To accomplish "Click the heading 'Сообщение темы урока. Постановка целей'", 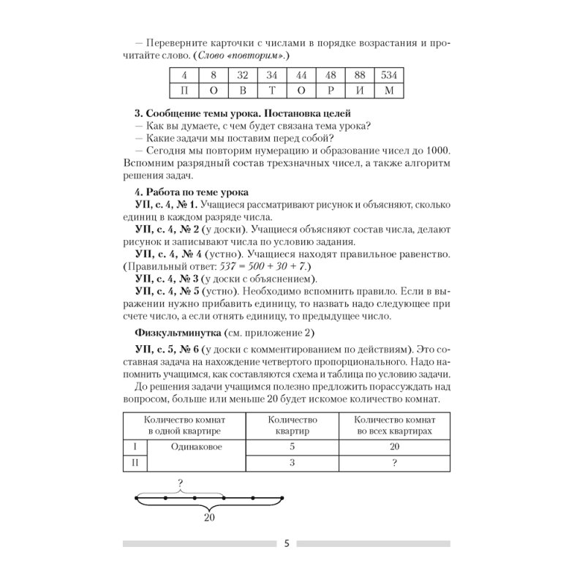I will (243, 113).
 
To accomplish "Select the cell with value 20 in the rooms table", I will (393, 445).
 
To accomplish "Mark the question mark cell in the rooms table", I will (393, 462).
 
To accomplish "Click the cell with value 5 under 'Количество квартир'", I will (292, 445).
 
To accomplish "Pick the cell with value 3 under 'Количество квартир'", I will (292, 462).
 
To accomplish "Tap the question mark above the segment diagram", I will (179, 482).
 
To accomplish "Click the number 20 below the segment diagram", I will (209, 518).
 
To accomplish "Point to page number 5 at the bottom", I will (287, 543).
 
